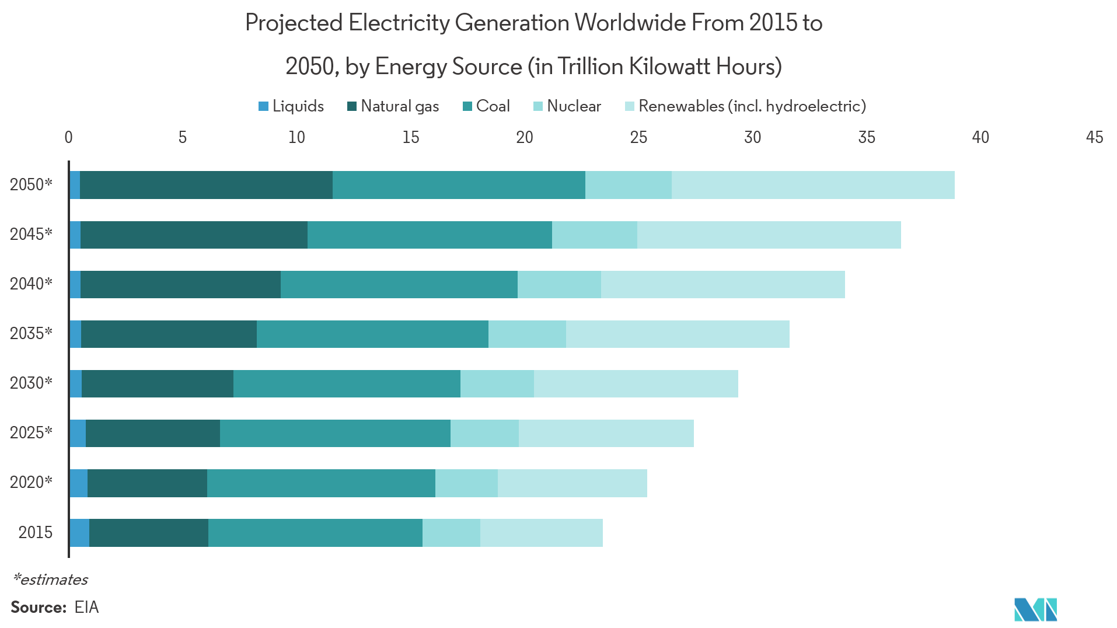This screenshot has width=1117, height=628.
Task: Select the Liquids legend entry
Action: coord(291,106)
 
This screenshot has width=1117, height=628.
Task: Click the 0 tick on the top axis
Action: coord(69,137)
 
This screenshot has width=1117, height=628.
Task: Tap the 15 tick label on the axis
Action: coord(410,137)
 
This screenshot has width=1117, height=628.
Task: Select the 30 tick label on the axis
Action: coord(752,137)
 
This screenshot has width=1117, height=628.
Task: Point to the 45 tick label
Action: coord(1094,137)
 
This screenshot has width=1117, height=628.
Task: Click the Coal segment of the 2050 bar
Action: coord(459,196)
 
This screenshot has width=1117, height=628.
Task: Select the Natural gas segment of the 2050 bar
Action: coord(206,196)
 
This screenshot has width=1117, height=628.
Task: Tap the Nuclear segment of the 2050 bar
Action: coord(628,196)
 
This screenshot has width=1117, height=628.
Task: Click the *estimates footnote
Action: coord(51,580)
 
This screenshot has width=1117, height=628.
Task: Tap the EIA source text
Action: coord(86,608)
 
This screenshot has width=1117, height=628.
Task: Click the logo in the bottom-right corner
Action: coord(1036,610)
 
